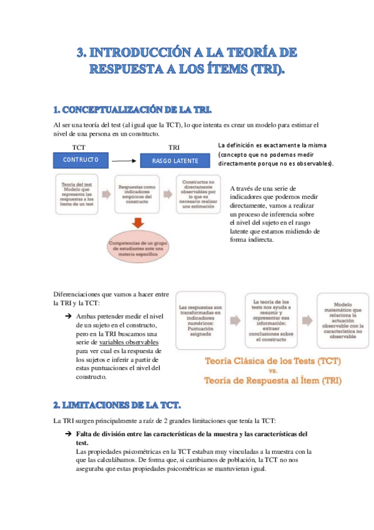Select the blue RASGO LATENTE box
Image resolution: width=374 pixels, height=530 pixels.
click(175, 161)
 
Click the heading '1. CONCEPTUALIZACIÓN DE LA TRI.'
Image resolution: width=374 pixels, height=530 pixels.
click(132, 111)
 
